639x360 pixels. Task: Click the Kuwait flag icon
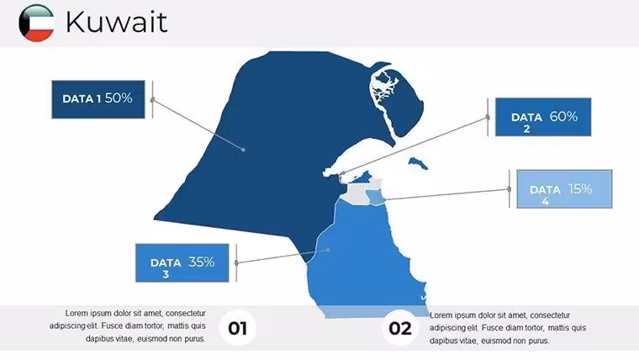(36, 24)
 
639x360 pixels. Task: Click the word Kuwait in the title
(117, 22)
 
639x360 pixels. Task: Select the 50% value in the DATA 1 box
(119, 98)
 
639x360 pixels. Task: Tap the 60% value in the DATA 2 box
(563, 117)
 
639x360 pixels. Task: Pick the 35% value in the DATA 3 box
(201, 262)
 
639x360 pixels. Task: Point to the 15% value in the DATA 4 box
(580, 188)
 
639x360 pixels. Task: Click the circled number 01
(238, 328)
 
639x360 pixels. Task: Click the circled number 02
(399, 328)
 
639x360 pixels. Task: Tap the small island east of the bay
(418, 163)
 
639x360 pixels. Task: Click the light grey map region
(355, 193)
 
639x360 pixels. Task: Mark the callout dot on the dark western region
(243, 150)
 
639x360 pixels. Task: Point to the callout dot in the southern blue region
(328, 250)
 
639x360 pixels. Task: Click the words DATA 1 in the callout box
(82, 99)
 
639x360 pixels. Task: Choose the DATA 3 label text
(166, 267)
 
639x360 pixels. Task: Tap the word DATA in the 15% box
(545, 190)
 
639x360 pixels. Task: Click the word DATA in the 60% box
(526, 118)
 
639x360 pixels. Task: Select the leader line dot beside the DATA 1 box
(153, 99)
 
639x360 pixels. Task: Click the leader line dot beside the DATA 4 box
(510, 189)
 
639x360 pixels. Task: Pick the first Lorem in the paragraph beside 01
(76, 314)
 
